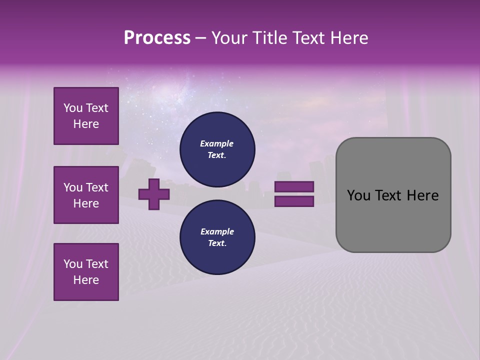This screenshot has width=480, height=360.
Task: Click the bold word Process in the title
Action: (157, 38)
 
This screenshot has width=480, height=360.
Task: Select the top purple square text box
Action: (86, 116)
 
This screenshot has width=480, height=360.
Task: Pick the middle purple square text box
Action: (86, 195)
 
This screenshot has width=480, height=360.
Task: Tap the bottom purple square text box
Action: (86, 271)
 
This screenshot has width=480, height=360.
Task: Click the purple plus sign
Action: (154, 193)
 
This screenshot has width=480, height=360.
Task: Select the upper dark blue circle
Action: (217, 149)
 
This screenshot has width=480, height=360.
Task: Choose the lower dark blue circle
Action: (217, 237)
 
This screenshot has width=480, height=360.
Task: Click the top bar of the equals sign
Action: (294, 187)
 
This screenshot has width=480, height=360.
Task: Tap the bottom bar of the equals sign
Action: (294, 201)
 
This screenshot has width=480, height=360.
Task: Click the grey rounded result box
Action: (393, 220)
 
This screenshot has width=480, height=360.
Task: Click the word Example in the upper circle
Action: (217, 143)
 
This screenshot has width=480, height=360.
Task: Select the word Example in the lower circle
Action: (217, 231)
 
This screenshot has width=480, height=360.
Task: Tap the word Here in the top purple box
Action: (86, 124)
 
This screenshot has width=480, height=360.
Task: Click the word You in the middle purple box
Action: (72, 187)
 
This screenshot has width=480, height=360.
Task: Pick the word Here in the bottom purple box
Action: (86, 280)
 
